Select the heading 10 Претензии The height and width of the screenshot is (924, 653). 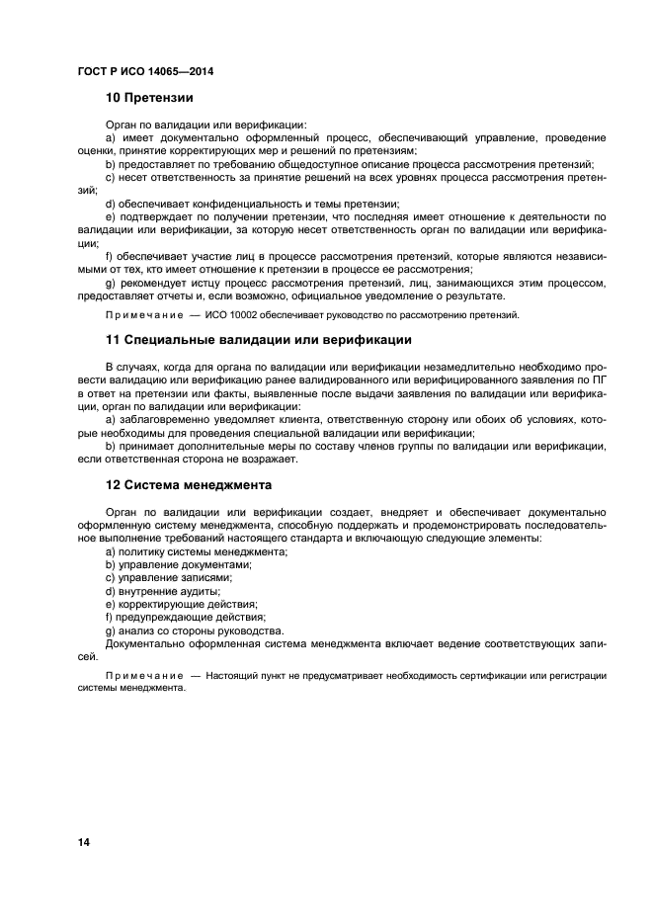pyautogui.click(x=149, y=98)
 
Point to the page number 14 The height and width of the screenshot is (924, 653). pyautogui.click(x=84, y=842)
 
